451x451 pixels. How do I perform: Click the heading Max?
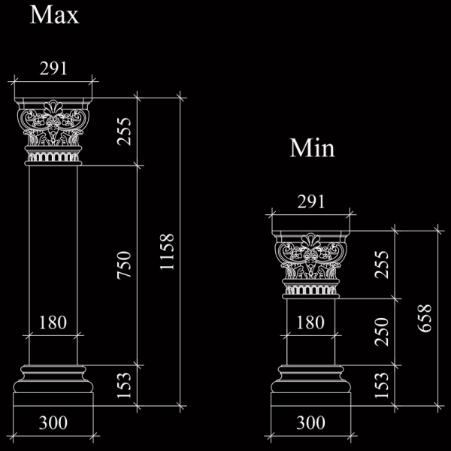(x=54, y=15)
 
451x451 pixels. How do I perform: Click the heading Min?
(x=312, y=148)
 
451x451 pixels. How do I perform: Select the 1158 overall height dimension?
(x=167, y=252)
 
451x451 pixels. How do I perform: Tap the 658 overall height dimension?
(x=425, y=319)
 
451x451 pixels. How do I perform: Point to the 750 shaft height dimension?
(x=124, y=265)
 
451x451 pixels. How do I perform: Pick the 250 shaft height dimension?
(x=382, y=331)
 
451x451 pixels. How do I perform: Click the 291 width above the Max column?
(x=53, y=68)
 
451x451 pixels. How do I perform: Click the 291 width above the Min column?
(x=311, y=201)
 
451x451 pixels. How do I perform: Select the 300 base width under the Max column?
(x=53, y=422)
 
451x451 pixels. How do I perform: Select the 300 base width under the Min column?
(x=311, y=422)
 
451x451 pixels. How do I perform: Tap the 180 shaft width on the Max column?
(x=53, y=322)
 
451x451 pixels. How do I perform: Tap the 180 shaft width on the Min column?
(x=310, y=322)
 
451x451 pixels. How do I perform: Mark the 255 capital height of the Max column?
(x=124, y=132)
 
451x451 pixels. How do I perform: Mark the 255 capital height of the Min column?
(x=382, y=265)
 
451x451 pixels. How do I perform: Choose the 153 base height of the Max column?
(x=124, y=386)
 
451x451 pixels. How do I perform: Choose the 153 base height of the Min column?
(x=382, y=386)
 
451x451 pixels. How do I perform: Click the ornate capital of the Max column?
(x=53, y=132)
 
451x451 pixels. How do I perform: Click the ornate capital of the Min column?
(x=311, y=265)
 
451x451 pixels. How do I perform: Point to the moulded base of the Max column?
(x=53, y=386)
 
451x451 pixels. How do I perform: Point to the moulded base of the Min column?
(x=311, y=386)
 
